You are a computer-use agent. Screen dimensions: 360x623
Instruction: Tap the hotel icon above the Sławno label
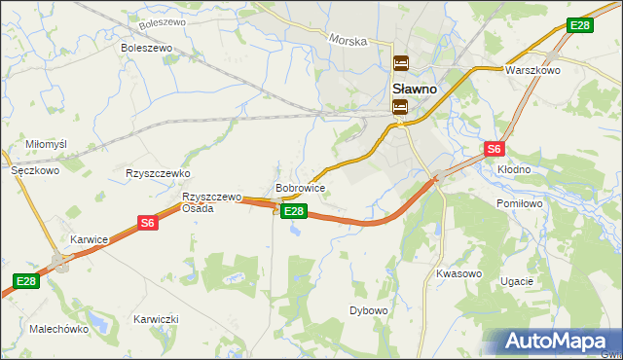400,65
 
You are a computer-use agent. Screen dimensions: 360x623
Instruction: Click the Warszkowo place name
530,71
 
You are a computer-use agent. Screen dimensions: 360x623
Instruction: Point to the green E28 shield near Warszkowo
580,25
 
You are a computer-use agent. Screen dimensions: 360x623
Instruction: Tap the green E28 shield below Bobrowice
295,210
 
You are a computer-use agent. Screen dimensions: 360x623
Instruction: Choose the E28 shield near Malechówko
26,281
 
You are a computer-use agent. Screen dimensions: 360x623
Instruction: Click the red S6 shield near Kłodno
495,149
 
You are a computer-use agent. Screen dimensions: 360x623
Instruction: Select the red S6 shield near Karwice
147,223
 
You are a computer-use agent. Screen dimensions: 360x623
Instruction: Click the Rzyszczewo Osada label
212,202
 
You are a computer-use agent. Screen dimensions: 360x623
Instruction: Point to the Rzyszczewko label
157,173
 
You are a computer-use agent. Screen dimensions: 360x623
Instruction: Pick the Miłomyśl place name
46,144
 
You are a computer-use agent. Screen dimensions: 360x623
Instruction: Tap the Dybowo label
369,310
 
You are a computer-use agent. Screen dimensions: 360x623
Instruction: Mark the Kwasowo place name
459,273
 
